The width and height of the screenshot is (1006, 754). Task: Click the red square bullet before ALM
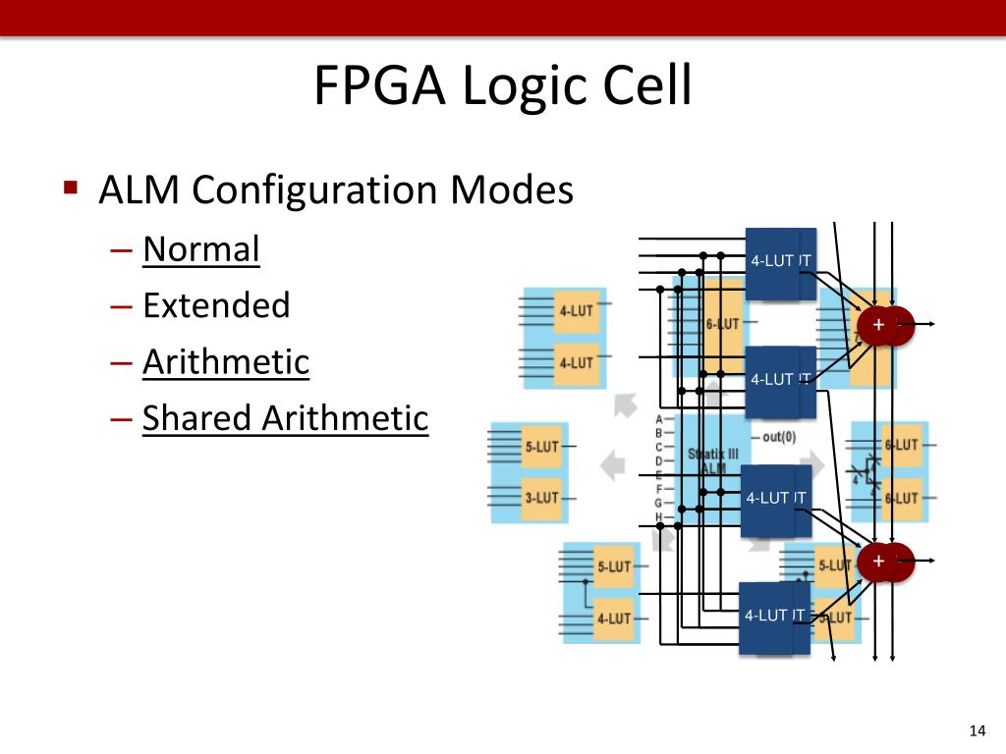70,187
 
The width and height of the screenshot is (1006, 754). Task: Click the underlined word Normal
200,249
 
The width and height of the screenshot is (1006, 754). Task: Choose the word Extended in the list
216,305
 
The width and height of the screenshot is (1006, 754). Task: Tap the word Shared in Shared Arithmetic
196,418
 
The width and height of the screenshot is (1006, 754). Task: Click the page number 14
977,729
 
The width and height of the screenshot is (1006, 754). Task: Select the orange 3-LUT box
541,498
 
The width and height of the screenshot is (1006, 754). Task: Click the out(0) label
778,437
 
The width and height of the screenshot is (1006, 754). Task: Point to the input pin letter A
658,419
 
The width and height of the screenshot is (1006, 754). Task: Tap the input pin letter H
658,516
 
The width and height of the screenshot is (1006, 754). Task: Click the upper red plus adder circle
879,325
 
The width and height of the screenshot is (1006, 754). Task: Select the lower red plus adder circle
878,561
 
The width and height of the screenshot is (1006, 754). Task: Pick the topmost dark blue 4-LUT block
780,262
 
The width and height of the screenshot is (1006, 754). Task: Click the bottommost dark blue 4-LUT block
774,618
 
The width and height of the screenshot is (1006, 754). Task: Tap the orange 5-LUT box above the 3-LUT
541,447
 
